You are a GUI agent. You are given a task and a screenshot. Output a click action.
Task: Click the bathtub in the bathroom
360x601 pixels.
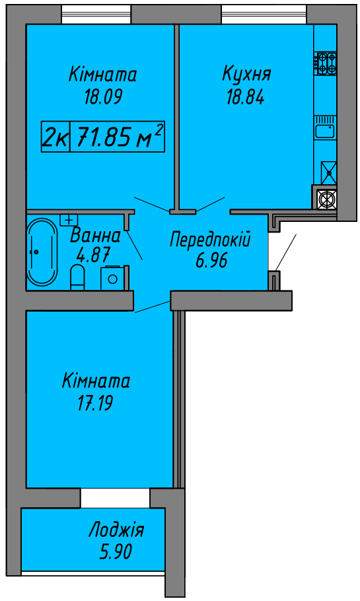point(42,252)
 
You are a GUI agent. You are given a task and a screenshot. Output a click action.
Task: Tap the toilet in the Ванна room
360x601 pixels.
point(77,277)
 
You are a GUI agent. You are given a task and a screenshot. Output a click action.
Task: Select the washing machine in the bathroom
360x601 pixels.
point(113,278)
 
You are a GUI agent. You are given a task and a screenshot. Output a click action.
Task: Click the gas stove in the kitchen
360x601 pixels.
point(326,63)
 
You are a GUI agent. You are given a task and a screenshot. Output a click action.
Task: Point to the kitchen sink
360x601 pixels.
point(325,131)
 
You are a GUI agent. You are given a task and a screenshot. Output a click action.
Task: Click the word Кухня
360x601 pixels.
point(246,73)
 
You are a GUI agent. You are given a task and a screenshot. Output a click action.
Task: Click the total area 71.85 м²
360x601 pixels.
point(118,137)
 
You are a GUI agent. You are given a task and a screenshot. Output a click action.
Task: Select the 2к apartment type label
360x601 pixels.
point(55,137)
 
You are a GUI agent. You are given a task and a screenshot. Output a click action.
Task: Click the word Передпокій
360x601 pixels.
point(210,240)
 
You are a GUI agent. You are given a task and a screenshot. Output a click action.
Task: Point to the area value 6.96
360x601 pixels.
point(211,261)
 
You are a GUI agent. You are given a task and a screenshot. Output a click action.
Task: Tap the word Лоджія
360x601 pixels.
point(116,531)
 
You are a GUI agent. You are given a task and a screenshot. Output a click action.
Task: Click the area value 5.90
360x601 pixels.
point(116,552)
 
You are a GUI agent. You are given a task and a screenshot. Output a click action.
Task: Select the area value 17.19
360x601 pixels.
point(94,404)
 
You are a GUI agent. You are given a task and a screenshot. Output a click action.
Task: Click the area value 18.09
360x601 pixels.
point(103,97)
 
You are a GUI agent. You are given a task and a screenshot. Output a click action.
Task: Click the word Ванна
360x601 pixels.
point(96,235)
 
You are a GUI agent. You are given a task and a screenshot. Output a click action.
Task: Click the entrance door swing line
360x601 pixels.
point(285,252)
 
